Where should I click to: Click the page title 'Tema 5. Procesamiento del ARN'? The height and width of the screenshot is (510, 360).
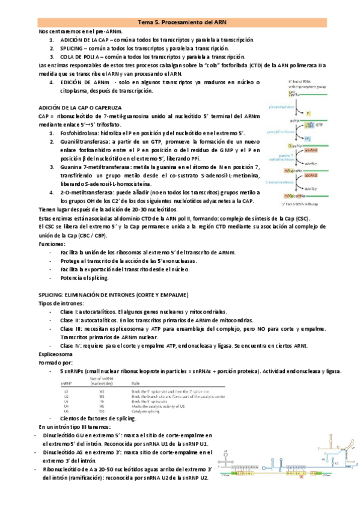click(x=180, y=21)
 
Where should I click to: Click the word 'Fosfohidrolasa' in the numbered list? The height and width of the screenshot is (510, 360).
click(x=80, y=132)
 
